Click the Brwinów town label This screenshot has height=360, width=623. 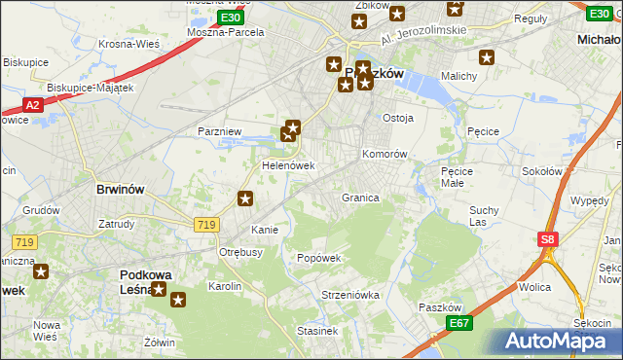(x=122, y=189)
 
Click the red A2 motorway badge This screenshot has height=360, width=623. (x=31, y=105)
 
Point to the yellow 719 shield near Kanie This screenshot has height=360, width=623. (x=205, y=225)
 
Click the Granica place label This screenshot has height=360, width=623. (x=359, y=198)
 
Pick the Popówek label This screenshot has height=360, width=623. (x=318, y=258)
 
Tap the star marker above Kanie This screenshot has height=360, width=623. (x=245, y=199)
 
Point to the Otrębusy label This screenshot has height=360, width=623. (x=240, y=252)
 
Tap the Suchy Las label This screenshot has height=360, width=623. (x=484, y=215)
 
